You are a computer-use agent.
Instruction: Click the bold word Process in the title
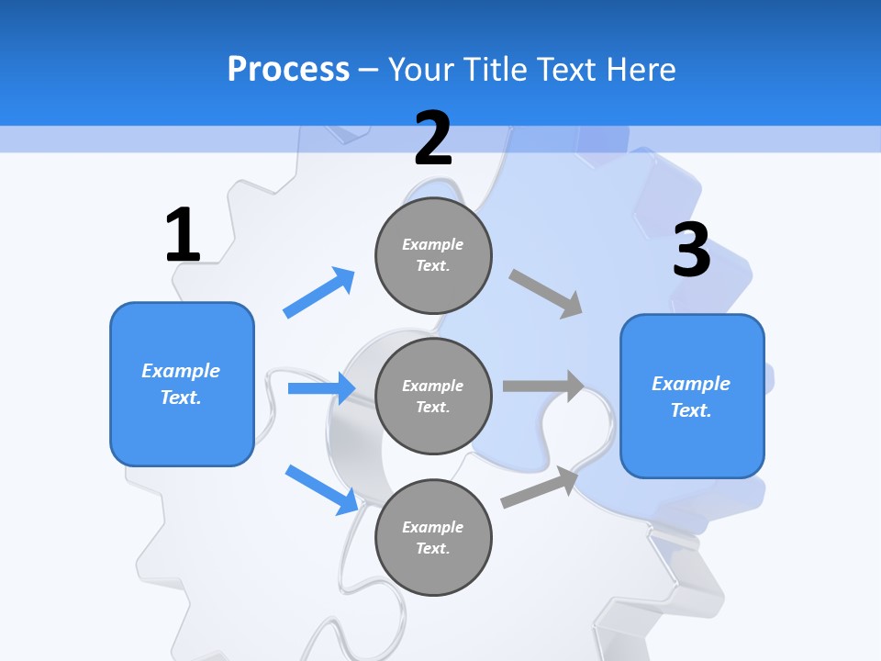pos(288,69)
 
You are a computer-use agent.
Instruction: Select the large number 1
pos(183,235)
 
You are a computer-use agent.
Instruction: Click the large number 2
pos(433,139)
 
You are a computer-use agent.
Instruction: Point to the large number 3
pos(691,250)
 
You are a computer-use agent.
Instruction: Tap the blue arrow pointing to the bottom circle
pos(321,489)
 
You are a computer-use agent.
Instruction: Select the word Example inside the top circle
pos(433,244)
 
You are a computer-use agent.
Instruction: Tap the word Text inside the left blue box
pos(181,398)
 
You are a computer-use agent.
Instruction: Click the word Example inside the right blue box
pos(691,384)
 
